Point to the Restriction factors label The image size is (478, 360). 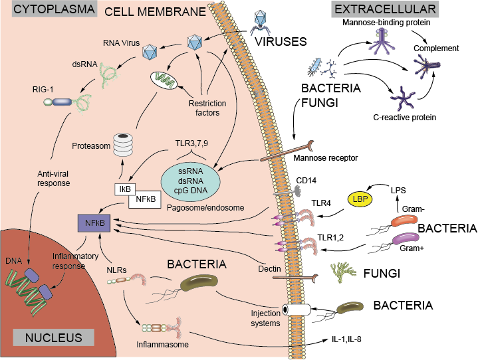[x=207, y=108]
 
